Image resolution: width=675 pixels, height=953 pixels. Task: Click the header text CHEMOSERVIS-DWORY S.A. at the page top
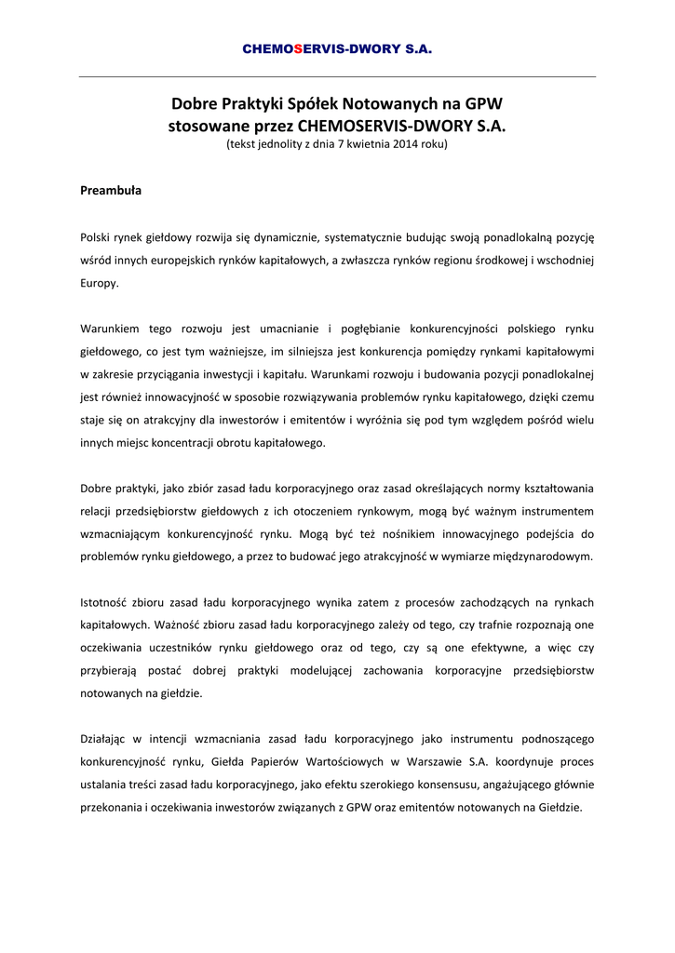tap(337, 48)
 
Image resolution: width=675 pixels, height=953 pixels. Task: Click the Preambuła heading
tap(111, 191)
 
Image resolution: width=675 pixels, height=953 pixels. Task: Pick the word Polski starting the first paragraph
tap(96, 238)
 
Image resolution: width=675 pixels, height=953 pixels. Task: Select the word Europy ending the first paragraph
tap(99, 283)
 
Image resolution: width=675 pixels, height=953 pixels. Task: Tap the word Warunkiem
tap(111, 329)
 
